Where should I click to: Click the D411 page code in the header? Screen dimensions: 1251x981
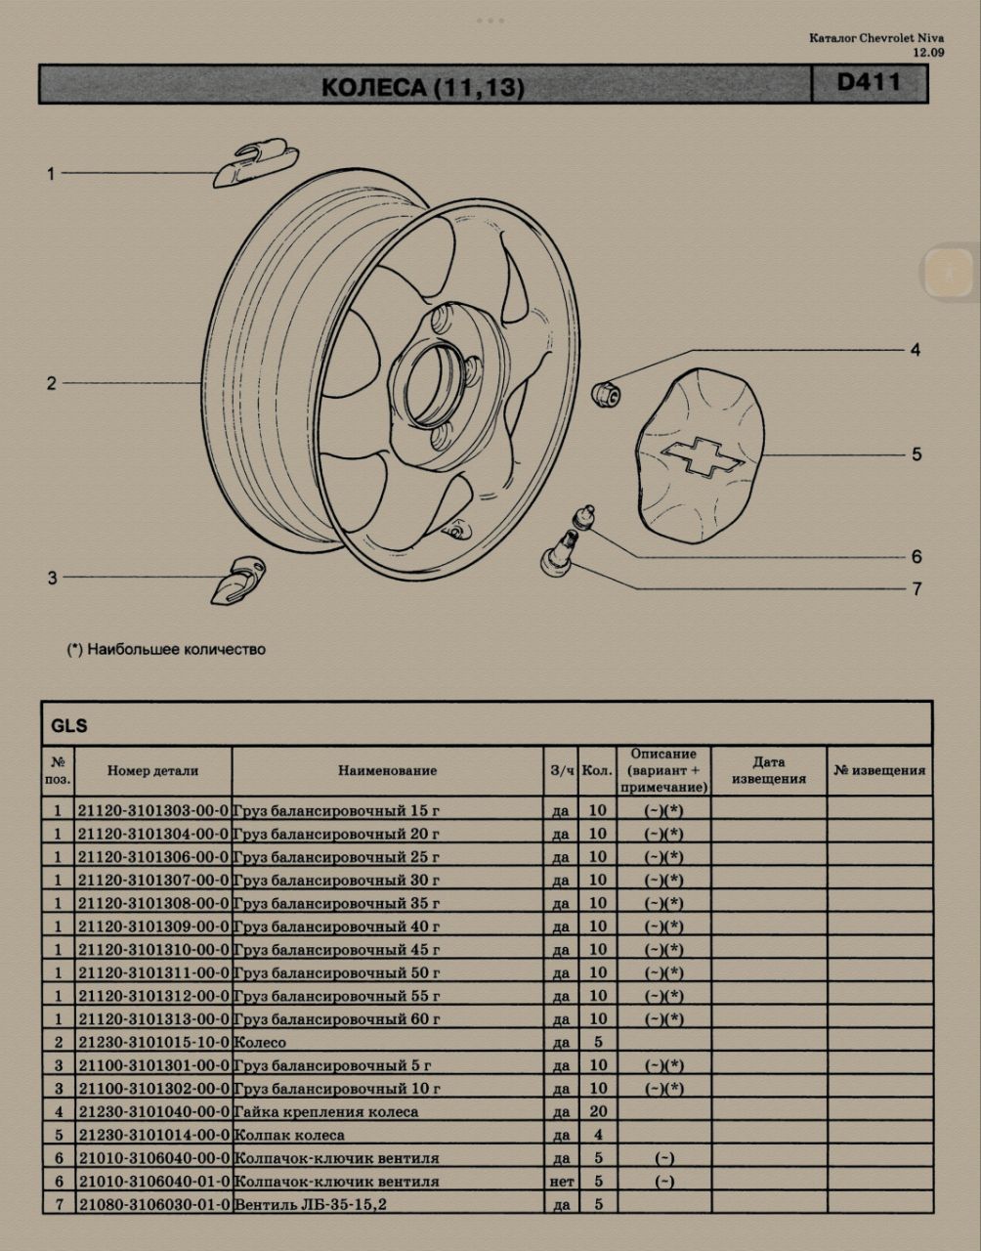coord(869,83)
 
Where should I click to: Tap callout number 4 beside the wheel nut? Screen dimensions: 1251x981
coord(915,350)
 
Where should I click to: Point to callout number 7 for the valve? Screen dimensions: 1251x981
coord(917,589)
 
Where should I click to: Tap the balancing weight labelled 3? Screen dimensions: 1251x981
coord(237,580)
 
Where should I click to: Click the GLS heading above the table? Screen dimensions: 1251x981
coord(69,725)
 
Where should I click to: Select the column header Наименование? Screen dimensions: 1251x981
coord(387,771)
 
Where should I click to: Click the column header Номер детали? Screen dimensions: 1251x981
coord(153,771)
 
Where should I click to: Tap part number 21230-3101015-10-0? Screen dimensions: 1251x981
coord(153,1043)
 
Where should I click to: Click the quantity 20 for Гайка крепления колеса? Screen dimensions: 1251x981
coord(598,1111)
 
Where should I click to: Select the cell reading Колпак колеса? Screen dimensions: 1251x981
coord(289,1136)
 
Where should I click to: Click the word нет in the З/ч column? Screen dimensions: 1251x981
coord(561,1182)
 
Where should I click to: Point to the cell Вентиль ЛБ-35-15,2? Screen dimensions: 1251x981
coord(311,1205)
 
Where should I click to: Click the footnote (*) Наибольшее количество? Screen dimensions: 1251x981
coord(166,649)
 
